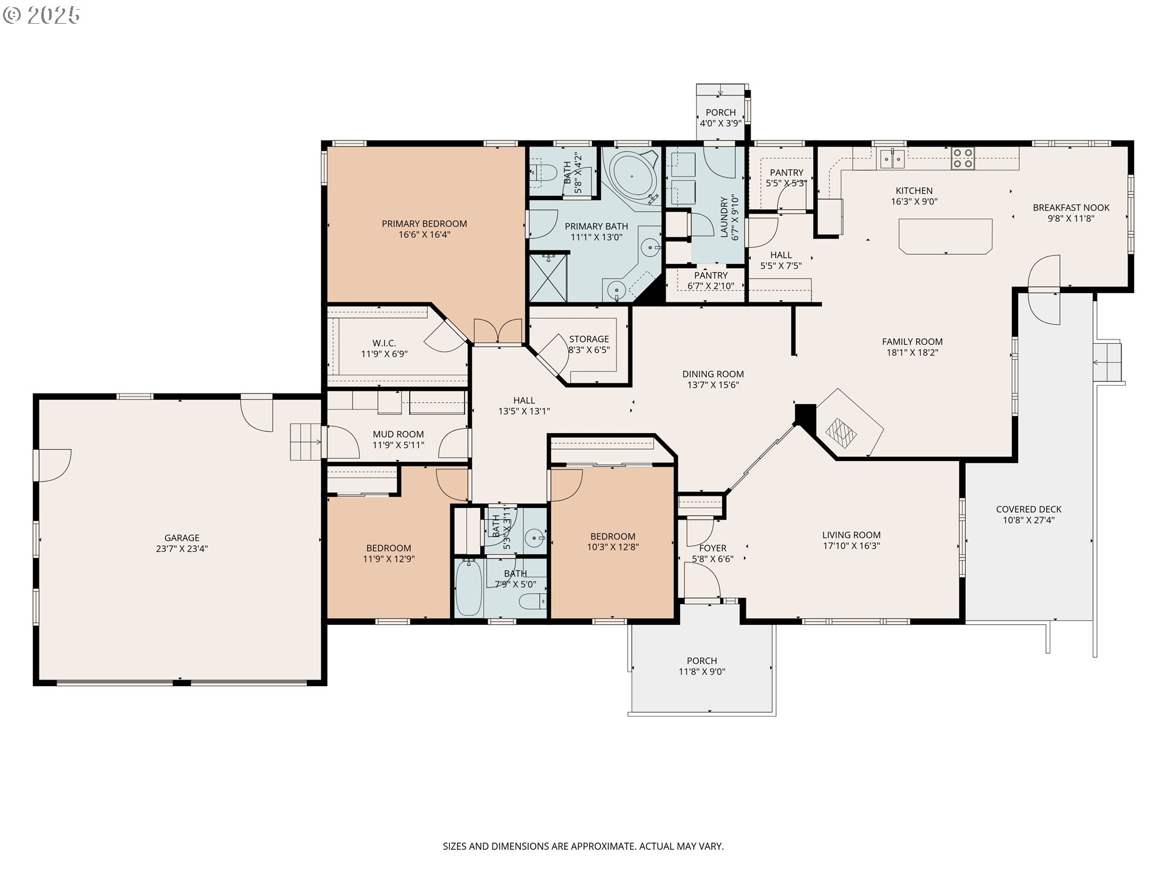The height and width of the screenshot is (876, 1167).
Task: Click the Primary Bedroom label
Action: tap(424, 224)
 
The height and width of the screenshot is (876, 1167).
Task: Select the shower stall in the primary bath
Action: tap(548, 278)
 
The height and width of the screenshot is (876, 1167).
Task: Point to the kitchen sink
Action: tap(892, 158)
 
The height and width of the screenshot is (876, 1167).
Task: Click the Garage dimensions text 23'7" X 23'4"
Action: tap(182, 549)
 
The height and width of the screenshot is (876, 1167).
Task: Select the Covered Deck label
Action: tap(1029, 510)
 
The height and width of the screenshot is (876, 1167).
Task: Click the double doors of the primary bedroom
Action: tap(498, 332)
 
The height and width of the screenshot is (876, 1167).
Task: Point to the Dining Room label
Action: tap(713, 374)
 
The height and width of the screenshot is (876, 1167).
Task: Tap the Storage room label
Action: tap(589, 339)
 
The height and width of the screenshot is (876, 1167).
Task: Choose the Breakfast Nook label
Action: tap(1071, 207)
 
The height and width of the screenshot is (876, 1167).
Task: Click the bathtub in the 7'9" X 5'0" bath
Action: tap(469, 588)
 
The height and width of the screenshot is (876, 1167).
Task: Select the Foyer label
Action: tap(713, 548)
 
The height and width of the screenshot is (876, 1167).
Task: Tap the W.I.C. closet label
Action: tap(384, 343)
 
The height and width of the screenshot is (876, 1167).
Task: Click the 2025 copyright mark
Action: tap(41, 15)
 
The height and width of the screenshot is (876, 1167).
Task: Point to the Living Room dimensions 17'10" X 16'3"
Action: tap(851, 546)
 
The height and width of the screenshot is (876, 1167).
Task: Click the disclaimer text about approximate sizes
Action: tap(583, 846)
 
